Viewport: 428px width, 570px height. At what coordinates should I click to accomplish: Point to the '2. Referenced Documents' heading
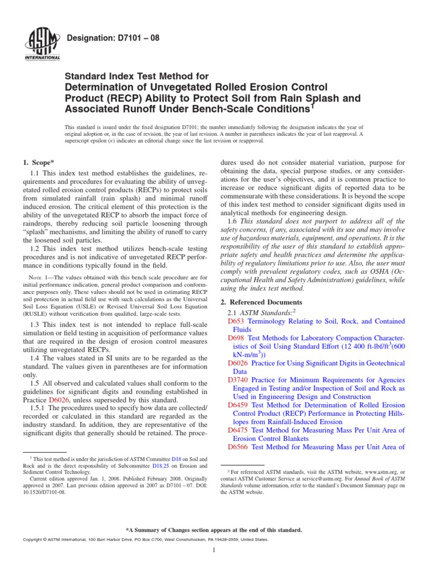coord(261,301)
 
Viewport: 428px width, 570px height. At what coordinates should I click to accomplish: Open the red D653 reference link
coord(236,322)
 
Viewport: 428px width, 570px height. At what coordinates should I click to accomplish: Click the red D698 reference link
coord(236,338)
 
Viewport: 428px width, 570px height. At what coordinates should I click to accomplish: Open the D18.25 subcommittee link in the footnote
coord(160,466)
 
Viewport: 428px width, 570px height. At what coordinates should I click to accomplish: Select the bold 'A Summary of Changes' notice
coord(214,530)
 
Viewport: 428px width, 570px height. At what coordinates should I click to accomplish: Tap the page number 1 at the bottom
coord(214,550)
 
